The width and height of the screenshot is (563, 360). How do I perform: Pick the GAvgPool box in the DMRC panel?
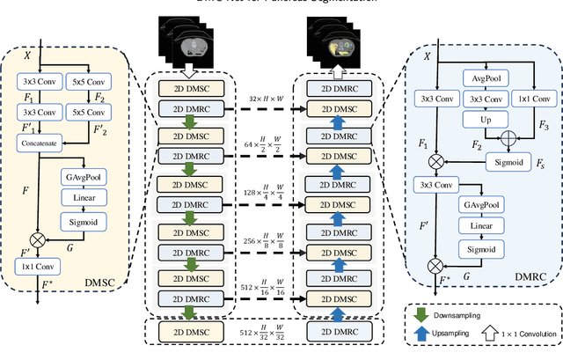pos(482,205)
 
